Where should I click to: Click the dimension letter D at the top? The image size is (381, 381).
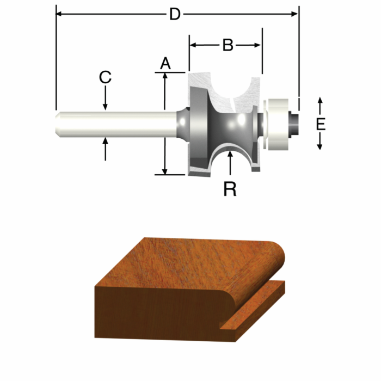(174, 14)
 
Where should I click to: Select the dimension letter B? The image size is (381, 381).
(228, 45)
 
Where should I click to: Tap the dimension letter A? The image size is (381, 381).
(165, 64)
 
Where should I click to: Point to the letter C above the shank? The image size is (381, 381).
(105, 77)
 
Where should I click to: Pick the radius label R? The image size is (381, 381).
(230, 189)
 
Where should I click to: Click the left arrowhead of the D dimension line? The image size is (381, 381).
(60, 14)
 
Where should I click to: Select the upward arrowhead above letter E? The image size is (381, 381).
(320, 101)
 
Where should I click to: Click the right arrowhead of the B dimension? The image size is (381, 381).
(258, 45)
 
